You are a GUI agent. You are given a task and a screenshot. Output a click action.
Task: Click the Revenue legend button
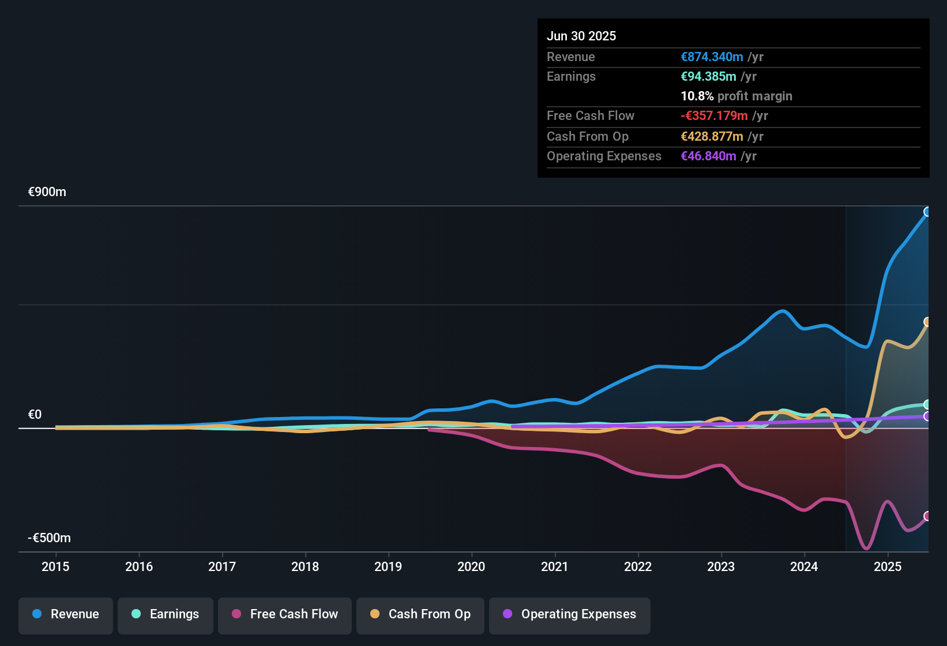pos(66,614)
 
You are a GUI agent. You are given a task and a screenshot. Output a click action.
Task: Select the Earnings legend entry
pos(166,614)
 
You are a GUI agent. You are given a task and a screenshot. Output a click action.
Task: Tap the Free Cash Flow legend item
pos(285,614)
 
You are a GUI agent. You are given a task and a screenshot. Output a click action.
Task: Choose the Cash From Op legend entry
pos(420,614)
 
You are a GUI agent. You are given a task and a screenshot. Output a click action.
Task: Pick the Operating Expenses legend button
pos(570,614)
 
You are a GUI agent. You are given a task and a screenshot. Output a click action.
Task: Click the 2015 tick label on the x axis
pos(55,566)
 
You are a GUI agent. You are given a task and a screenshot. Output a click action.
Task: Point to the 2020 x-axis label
pos(471,566)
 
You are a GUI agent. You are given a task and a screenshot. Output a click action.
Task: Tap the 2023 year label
pos(721,566)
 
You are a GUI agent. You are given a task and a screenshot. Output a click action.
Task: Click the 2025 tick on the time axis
pos(888,566)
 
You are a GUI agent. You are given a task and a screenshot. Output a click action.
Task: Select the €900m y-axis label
pos(47,192)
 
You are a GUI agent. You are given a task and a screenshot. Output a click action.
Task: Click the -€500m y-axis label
pos(50,538)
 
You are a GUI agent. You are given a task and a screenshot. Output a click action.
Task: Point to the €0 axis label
pos(35,415)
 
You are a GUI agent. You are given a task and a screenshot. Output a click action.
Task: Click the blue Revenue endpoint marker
pos(927,212)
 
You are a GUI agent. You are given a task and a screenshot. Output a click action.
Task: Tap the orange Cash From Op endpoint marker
pos(927,322)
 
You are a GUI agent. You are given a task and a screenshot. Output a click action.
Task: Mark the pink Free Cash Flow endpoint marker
pos(927,516)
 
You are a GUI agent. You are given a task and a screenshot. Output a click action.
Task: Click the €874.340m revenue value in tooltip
pos(712,57)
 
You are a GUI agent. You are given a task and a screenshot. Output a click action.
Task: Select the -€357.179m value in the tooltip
pos(714,116)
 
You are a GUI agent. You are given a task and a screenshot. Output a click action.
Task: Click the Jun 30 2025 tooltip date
pos(581,36)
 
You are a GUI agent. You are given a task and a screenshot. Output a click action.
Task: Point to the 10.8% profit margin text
pos(736,96)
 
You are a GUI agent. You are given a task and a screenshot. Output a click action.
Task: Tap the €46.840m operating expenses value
pos(708,156)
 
